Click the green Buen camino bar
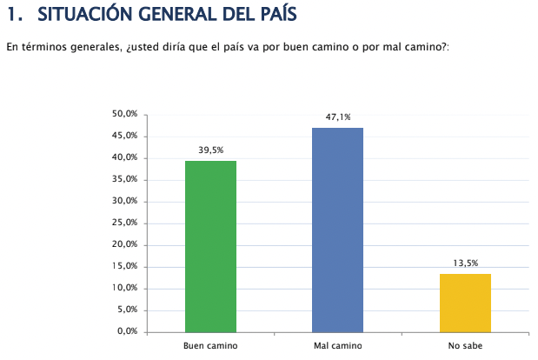[210, 246]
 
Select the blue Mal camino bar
[337, 230]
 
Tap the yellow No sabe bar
[465, 303]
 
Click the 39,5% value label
[210, 150]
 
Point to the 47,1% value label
[338, 117]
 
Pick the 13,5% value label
[465, 263]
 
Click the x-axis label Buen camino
[210, 346]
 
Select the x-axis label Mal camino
[337, 346]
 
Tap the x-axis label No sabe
[465, 346]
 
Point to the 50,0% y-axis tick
[125, 114]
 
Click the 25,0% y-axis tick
[125, 223]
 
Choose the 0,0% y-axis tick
[128, 331]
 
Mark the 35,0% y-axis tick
[125, 179]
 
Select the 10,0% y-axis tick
[125, 288]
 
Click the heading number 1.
[12, 15]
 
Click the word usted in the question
[143, 45]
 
